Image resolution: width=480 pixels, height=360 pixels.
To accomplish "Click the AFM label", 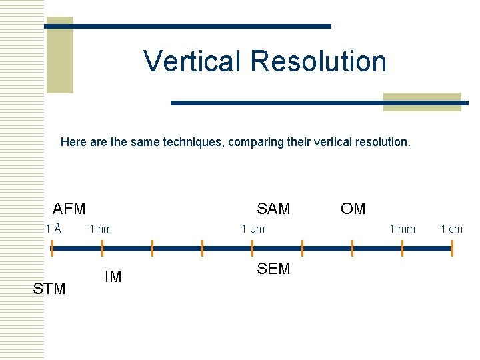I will coord(69,209).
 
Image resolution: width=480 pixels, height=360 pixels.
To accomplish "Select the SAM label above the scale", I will coord(273,209).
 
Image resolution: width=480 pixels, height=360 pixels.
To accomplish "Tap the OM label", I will coord(353,209).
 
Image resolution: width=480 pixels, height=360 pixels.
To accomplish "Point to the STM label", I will coord(49,289).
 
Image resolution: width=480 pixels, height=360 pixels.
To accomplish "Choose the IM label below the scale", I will coord(113,277).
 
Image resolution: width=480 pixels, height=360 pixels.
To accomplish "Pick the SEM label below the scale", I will coord(273,269).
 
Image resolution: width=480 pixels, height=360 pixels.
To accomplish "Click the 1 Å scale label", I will coord(53,229).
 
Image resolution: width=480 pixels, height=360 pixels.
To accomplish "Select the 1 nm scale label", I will coord(101,229).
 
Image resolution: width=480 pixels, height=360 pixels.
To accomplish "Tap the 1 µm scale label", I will coord(253,229).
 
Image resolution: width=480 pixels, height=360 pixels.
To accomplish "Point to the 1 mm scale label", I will coord(402,229).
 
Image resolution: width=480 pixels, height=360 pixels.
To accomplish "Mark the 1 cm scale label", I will coord(451,229).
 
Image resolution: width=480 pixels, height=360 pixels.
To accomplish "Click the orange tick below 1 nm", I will coord(102,248).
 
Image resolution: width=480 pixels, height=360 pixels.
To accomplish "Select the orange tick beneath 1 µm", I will coord(252,248).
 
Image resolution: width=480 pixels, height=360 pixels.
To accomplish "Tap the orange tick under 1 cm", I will coord(452,248).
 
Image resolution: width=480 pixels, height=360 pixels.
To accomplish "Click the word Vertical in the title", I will coord(194,61).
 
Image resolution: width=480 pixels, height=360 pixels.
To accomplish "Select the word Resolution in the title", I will coord(319,61).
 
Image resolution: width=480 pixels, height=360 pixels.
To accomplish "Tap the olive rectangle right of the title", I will coord(423,102).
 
